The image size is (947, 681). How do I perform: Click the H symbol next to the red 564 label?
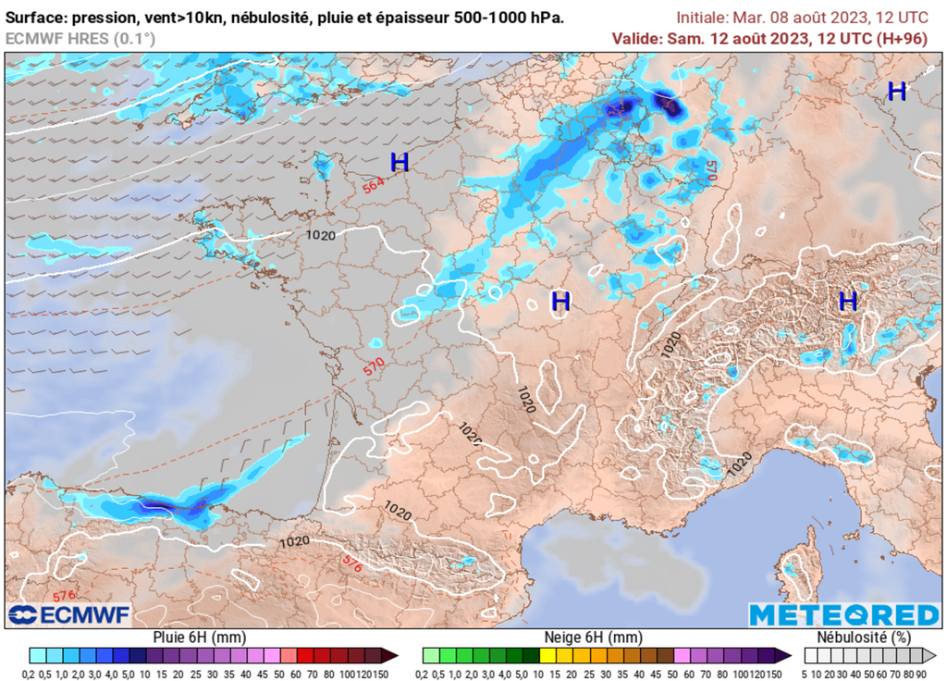(x=400, y=163)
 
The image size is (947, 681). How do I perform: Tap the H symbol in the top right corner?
(x=896, y=91)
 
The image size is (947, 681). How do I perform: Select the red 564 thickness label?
(x=373, y=186)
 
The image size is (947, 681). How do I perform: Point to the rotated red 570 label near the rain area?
(x=711, y=170)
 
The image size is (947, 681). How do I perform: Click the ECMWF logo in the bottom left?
(x=69, y=615)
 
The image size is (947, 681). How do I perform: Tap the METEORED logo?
(x=842, y=615)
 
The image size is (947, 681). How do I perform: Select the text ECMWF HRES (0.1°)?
(x=80, y=38)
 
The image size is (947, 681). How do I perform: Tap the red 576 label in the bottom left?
(x=63, y=595)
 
